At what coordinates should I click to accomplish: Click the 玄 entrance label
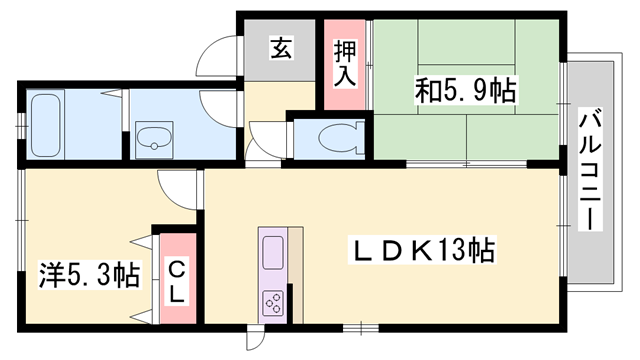281,47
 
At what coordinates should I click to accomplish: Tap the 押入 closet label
342,64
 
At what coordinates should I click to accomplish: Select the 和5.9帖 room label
467,93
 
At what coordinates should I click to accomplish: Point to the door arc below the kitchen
257,334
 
